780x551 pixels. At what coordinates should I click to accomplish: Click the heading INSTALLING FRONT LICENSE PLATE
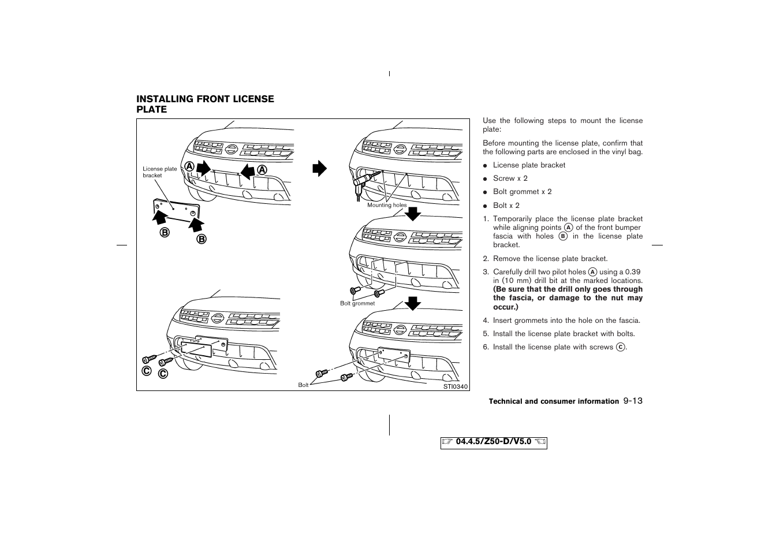pyautogui.click(x=205, y=104)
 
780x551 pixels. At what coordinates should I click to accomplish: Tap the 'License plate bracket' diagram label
pyautogui.click(x=160, y=172)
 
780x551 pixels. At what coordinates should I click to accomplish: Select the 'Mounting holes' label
pyautogui.click(x=387, y=205)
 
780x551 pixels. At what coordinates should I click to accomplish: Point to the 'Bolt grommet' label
pyautogui.click(x=357, y=303)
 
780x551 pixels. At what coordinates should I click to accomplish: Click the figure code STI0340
pyautogui.click(x=455, y=387)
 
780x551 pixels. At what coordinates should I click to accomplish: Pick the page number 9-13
pyautogui.click(x=633, y=401)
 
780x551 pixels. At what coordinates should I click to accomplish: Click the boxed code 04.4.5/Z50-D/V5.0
pyautogui.click(x=494, y=442)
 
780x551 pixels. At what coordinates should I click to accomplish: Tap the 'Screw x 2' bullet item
pyautogui.click(x=510, y=178)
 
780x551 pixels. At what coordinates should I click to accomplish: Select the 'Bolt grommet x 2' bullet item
pyautogui.click(x=522, y=192)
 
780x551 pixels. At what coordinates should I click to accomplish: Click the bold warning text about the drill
pyautogui.click(x=568, y=298)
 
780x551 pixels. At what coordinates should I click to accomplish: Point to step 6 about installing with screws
pyautogui.click(x=559, y=347)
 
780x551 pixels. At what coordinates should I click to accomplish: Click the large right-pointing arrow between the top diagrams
pyautogui.click(x=319, y=169)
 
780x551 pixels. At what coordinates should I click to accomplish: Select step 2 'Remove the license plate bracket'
pyautogui.click(x=550, y=259)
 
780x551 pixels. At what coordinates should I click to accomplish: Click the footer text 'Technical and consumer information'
pyautogui.click(x=554, y=401)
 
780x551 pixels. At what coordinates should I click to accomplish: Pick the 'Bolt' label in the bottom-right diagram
pyautogui.click(x=303, y=385)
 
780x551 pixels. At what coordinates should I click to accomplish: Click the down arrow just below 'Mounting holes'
pyautogui.click(x=412, y=214)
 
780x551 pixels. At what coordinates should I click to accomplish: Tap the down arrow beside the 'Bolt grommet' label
pyautogui.click(x=412, y=303)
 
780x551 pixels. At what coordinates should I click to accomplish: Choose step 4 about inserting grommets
pyautogui.click(x=566, y=321)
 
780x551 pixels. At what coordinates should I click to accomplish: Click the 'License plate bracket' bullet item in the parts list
pyautogui.click(x=529, y=165)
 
